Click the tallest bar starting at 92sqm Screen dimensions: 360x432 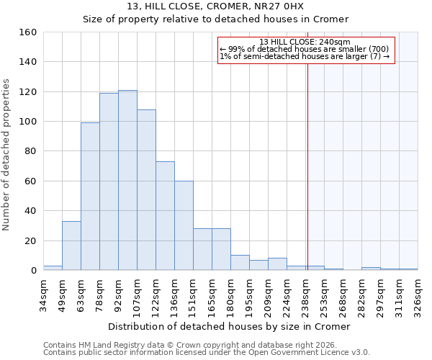point(127,180)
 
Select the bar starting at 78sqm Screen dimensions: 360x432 point(109,181)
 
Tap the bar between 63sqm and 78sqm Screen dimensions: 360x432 point(90,196)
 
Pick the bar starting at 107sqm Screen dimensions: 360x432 point(146,189)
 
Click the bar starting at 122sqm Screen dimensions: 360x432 point(165,215)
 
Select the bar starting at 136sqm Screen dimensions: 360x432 point(184,225)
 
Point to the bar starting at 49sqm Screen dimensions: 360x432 point(71,246)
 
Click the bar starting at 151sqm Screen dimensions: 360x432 point(202,249)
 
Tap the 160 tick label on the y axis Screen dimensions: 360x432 point(28,32)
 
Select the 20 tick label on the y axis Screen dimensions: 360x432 point(31,240)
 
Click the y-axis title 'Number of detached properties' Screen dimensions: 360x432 point(7,151)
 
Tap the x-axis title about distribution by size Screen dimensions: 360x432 point(230,326)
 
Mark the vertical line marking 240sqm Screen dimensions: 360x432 point(307,166)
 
